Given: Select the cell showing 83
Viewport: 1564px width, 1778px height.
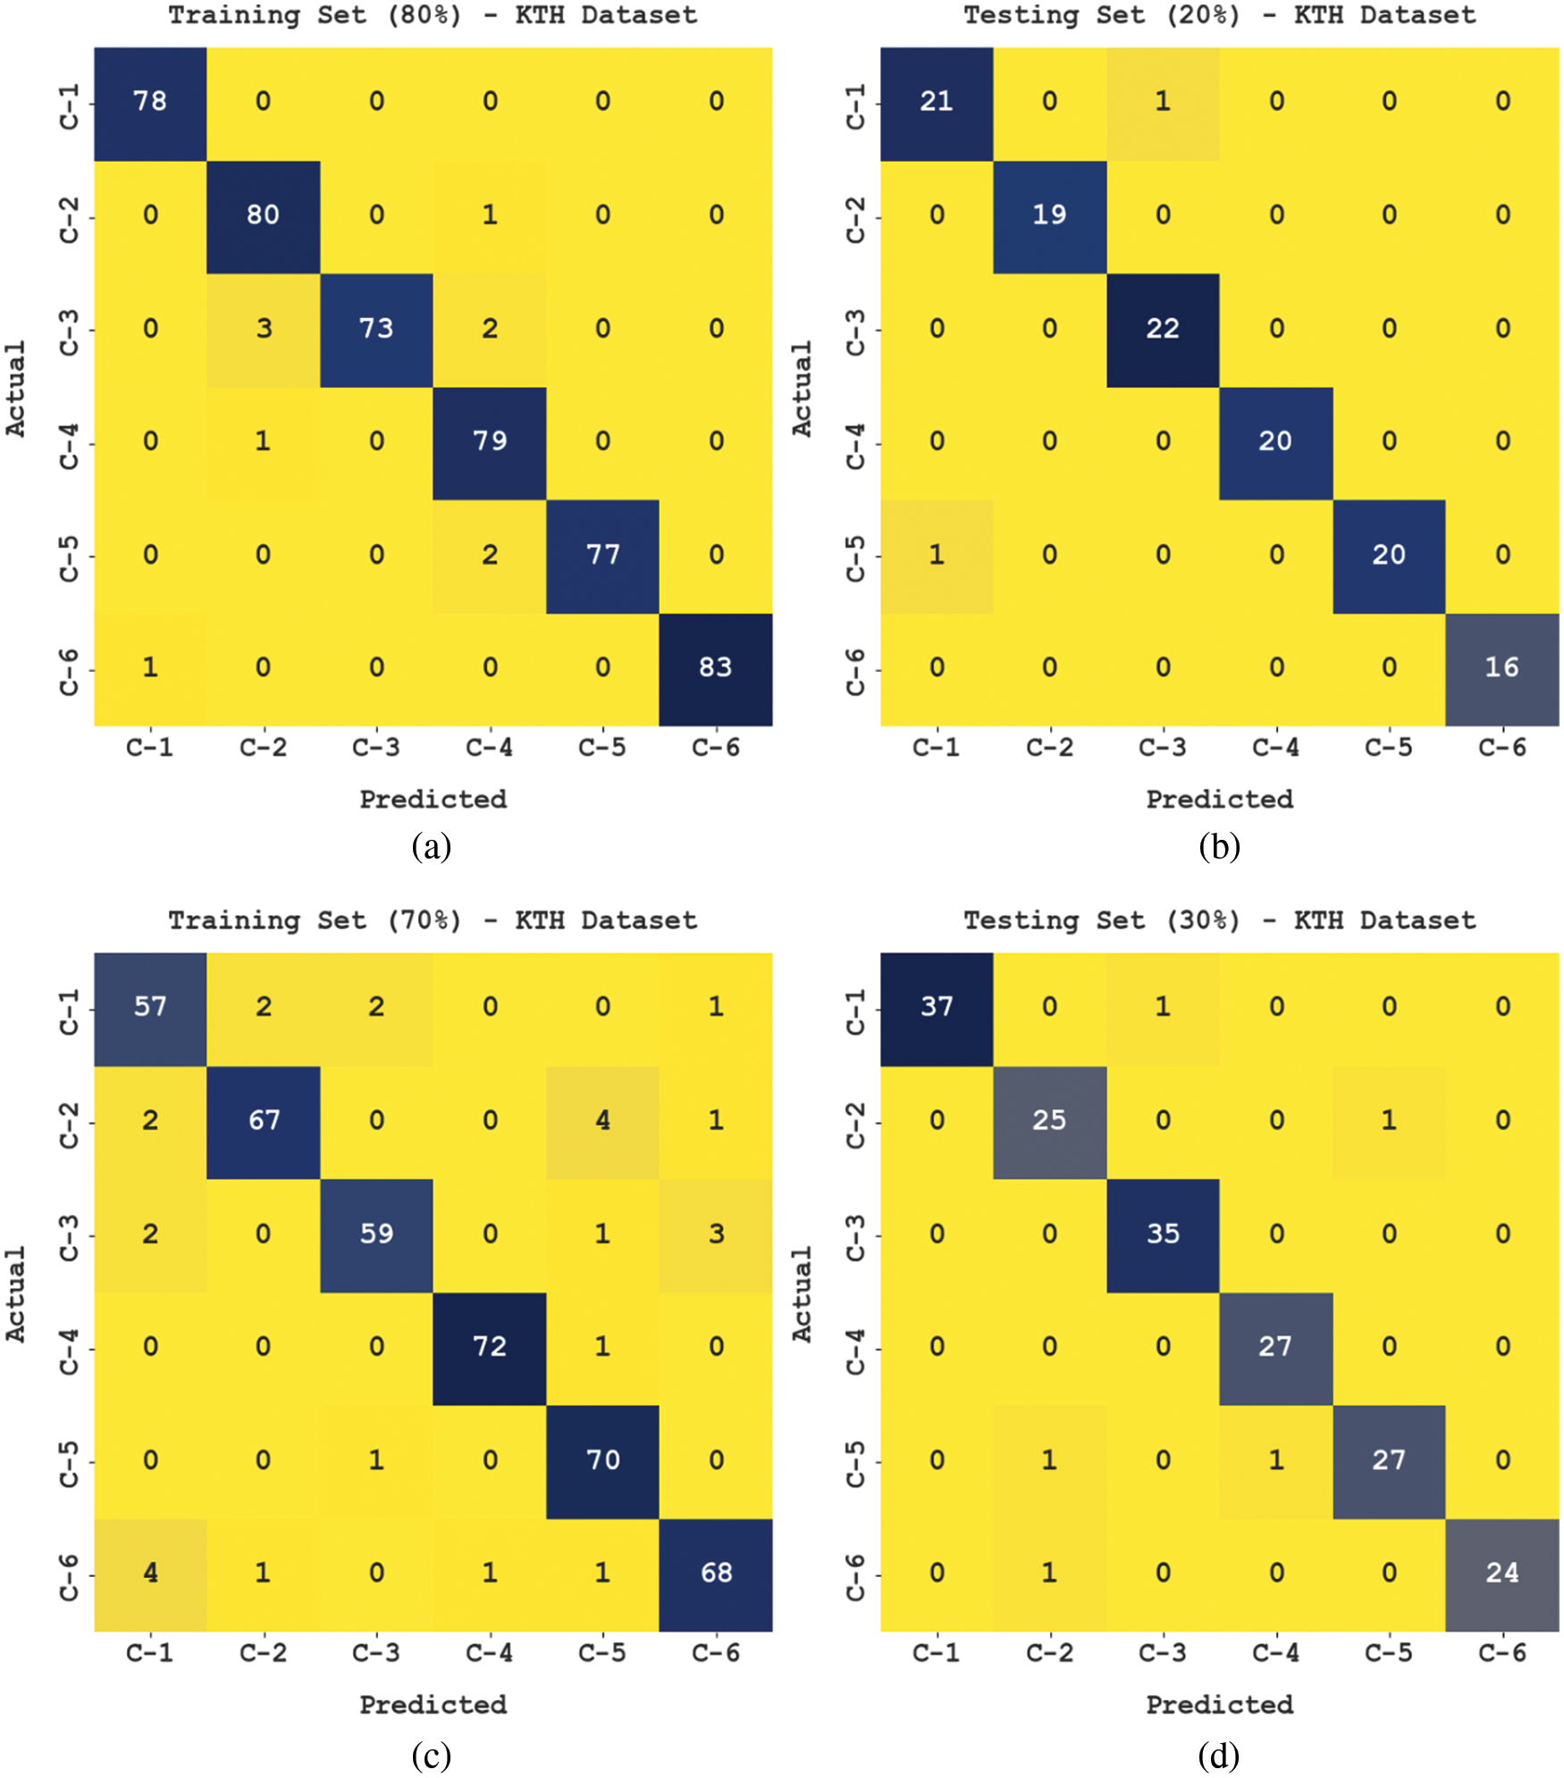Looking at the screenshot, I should [716, 668].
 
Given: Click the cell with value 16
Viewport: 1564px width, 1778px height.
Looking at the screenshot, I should [1501, 668].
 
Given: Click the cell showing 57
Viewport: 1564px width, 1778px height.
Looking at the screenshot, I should [150, 1008].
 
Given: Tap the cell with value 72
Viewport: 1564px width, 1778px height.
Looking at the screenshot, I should [490, 1347].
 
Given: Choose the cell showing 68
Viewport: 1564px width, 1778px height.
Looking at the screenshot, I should [716, 1573].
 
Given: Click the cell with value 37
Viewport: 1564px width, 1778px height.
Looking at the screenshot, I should [937, 1008].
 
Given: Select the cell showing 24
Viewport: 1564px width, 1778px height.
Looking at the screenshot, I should [1501, 1573].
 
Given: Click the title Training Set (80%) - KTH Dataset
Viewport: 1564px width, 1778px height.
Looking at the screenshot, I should [433, 15].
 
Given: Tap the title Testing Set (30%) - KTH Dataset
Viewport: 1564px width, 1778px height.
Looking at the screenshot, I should [1219, 920].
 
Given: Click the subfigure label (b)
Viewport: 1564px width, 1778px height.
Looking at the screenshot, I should [1219, 845].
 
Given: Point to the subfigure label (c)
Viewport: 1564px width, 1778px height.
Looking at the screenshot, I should [431, 1756].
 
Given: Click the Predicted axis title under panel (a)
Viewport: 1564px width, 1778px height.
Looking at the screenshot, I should [433, 800].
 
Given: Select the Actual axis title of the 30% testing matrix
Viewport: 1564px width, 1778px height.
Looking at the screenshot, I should [802, 1294].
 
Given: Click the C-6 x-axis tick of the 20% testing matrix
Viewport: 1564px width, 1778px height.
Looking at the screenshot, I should [1501, 748].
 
